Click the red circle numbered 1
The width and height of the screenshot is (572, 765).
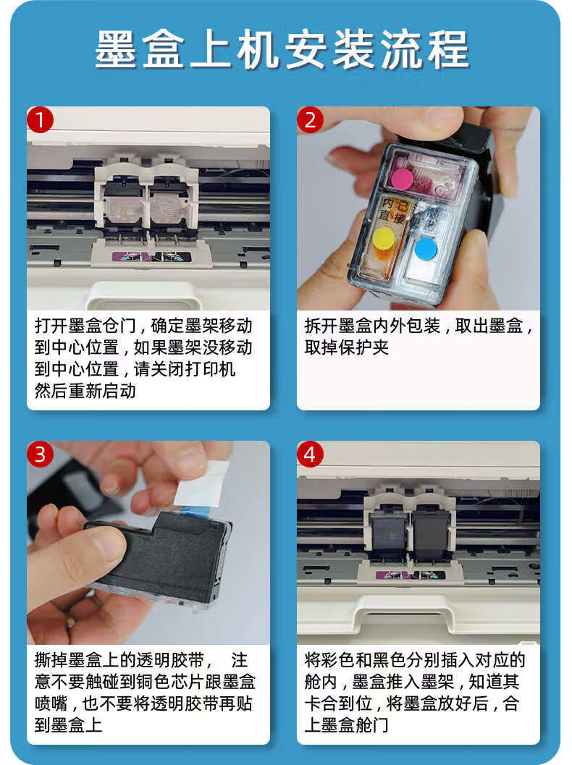click(x=40, y=119)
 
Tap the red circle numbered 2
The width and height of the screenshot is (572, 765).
click(x=311, y=119)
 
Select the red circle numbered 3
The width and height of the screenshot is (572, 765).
click(x=40, y=455)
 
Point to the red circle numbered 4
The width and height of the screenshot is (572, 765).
click(x=311, y=455)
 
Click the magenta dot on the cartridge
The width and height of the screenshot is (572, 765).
click(x=402, y=179)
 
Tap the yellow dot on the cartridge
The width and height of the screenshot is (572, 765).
click(x=384, y=239)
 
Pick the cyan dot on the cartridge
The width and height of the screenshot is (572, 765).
click(x=426, y=248)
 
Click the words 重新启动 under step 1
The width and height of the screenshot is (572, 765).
click(x=102, y=391)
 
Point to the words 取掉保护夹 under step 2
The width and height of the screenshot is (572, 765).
click(x=347, y=347)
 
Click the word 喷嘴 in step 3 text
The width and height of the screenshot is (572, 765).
click(x=51, y=703)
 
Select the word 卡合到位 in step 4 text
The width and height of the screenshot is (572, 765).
click(x=338, y=703)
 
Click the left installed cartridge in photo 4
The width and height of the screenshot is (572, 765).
click(x=389, y=537)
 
